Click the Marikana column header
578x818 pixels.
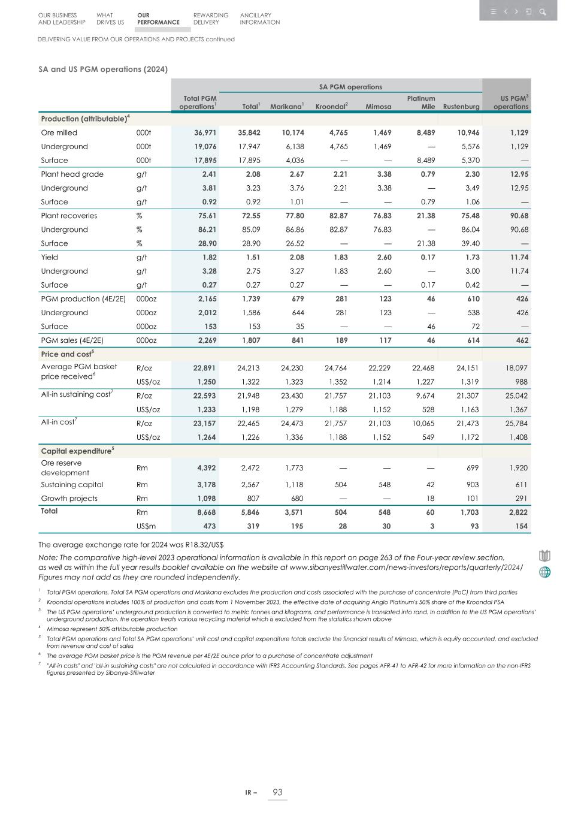pyautogui.click(x=286, y=107)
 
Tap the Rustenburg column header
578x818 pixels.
pyautogui.click(x=461, y=107)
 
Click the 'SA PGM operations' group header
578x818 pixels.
pyautogui.click(x=350, y=87)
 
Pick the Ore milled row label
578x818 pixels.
pyautogui.click(x=59, y=132)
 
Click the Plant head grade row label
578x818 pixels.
pyautogui.click(x=72, y=174)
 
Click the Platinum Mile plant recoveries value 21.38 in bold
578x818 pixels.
pyautogui.click(x=425, y=216)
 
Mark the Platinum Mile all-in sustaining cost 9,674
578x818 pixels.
pyautogui.click(x=425, y=396)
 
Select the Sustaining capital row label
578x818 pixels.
pyautogui.click(x=72, y=485)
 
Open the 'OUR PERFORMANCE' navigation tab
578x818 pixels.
pyautogui.click(x=158, y=19)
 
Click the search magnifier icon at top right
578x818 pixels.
pyautogui.click(x=543, y=11)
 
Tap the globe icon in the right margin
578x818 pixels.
pyautogui.click(x=544, y=572)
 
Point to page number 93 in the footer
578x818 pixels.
pyautogui.click(x=277, y=792)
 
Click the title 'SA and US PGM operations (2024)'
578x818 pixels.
pyautogui.click(x=103, y=69)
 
